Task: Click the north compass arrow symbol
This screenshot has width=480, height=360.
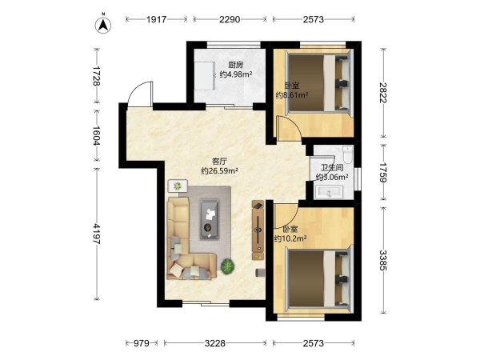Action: point(103,25)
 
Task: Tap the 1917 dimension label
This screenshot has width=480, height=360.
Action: point(157,19)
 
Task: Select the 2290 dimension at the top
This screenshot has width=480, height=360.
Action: point(230,19)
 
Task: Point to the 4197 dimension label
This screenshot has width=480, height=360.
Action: point(97,234)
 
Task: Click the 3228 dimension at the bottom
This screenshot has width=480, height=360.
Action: point(215,343)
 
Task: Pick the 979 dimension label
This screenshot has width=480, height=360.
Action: point(142,343)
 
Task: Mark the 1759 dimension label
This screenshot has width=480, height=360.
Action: point(383,172)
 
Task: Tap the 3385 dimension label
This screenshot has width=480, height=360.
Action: point(383,260)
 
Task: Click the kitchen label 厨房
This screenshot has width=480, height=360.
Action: point(236,65)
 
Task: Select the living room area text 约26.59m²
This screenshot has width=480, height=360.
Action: point(219,171)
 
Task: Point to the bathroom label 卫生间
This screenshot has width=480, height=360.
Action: point(332,168)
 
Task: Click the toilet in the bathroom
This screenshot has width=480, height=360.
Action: point(348,154)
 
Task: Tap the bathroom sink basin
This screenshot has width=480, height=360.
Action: point(330,192)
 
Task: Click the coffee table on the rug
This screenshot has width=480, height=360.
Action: point(210,218)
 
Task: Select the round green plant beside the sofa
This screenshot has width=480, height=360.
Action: point(227,266)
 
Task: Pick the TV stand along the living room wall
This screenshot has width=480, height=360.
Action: point(258,230)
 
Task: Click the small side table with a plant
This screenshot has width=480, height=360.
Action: point(178,186)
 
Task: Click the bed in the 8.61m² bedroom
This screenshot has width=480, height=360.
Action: point(319,82)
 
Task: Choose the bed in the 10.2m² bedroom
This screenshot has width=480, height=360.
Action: point(319,278)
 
